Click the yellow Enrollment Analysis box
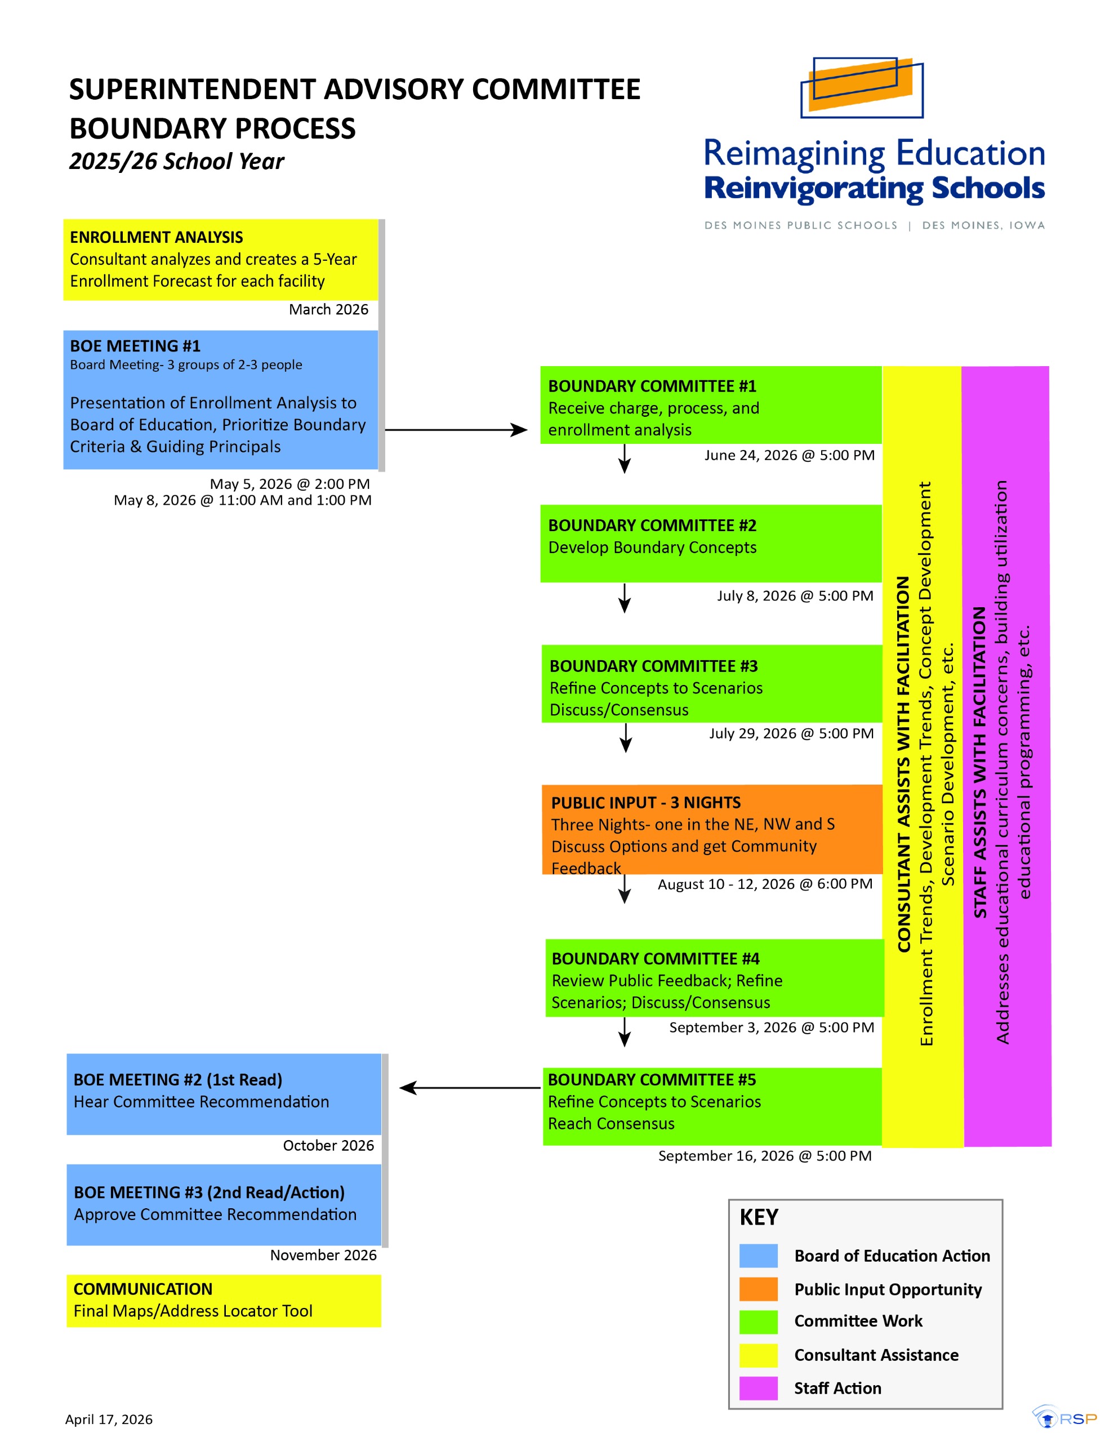pyautogui.click(x=221, y=260)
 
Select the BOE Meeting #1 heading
pyautogui.click(x=135, y=346)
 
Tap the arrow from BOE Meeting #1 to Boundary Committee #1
pyautogui.click(x=456, y=430)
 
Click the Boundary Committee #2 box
pyautogui.click(x=711, y=544)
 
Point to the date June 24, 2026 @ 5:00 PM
pyautogui.click(x=790, y=455)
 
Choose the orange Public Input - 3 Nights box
pyautogui.click(x=712, y=829)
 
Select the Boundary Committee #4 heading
pyautogui.click(x=656, y=959)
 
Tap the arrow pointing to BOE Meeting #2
pyautogui.click(x=470, y=1088)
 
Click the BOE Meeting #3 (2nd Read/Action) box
pyautogui.click(x=224, y=1205)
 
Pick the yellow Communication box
pyautogui.click(x=224, y=1301)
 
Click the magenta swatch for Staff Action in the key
pyautogui.click(x=759, y=1388)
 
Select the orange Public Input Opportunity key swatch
pyautogui.click(x=759, y=1289)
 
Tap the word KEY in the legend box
pyautogui.click(x=759, y=1217)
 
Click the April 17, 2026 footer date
pyautogui.click(x=109, y=1419)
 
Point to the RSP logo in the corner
pyautogui.click(x=1064, y=1417)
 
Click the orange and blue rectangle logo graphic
pyautogui.click(x=862, y=87)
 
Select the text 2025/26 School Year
pyautogui.click(x=177, y=161)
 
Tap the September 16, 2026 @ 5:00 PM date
pyautogui.click(x=765, y=1155)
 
